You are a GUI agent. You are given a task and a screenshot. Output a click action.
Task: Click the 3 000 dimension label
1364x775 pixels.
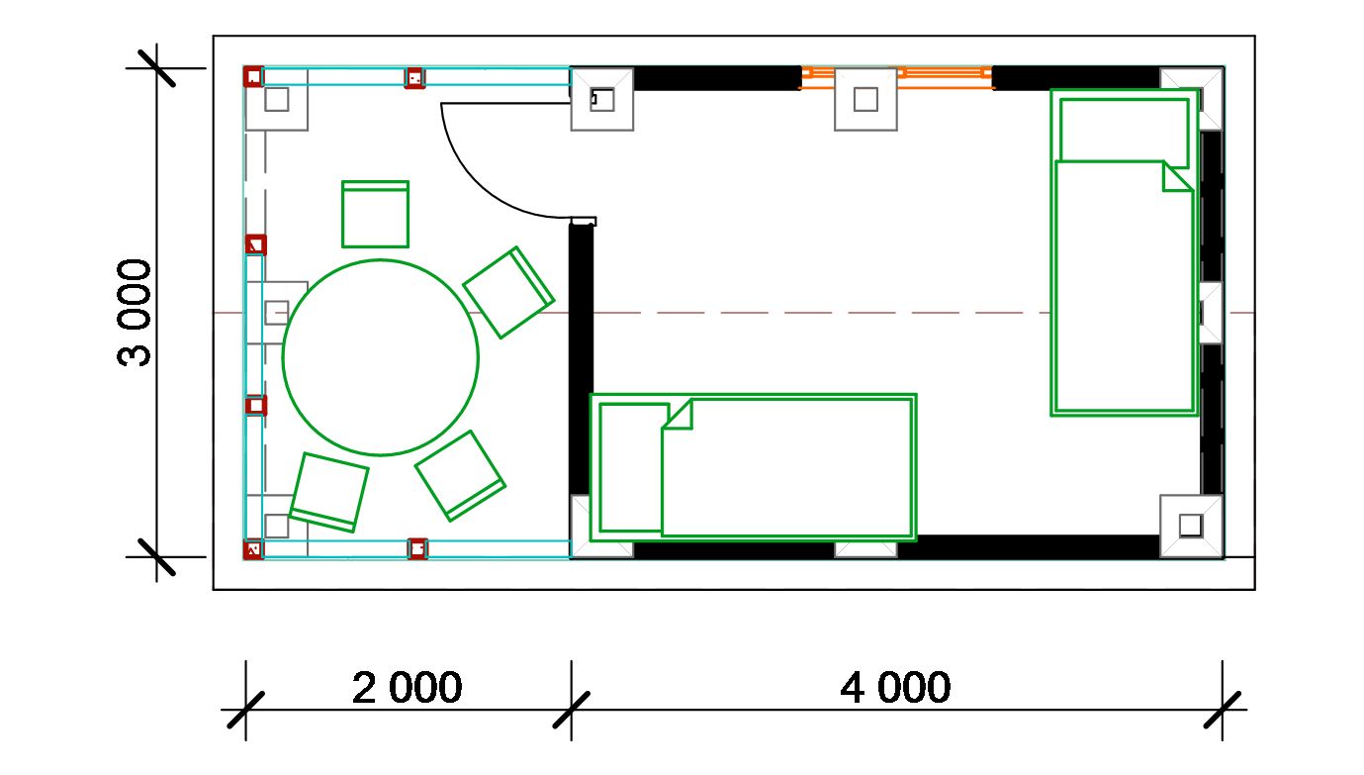[134, 313]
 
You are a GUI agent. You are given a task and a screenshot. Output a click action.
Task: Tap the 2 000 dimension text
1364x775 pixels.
[407, 688]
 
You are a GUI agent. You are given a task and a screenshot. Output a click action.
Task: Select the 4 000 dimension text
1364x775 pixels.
[895, 688]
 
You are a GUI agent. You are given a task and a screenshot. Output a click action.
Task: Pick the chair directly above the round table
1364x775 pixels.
[375, 214]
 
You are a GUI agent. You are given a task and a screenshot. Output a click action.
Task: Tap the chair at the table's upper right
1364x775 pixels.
[508, 292]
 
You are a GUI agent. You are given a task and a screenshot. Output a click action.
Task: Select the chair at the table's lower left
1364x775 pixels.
[328, 492]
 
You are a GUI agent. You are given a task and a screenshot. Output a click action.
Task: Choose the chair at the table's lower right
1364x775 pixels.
[460, 476]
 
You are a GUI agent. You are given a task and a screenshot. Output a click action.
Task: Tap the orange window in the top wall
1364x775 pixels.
[896, 78]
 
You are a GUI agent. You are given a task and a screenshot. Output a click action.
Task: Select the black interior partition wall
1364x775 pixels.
[581, 359]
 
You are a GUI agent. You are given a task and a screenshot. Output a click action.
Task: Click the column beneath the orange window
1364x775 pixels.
[865, 99]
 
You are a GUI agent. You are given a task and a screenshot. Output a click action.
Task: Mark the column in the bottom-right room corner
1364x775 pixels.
[1191, 526]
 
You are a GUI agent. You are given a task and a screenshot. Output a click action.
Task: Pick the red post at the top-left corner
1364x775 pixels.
[253, 77]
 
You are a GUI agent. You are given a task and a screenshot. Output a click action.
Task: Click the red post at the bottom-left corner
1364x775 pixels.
[253, 549]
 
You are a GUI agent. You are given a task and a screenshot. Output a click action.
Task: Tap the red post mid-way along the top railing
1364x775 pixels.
[414, 78]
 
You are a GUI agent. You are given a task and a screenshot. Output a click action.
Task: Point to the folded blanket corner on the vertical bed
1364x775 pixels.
[1178, 177]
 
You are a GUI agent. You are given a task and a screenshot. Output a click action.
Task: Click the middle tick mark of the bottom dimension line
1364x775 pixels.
[571, 710]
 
